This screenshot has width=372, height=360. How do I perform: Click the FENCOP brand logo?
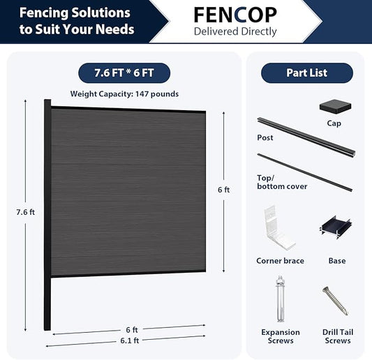coord(235,15)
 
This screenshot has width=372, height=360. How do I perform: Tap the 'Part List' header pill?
coord(307,73)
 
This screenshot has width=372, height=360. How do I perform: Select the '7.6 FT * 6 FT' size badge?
coord(124,73)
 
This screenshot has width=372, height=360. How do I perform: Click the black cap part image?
coord(335,107)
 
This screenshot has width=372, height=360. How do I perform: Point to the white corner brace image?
coord(278,229)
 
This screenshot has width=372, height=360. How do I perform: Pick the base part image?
coord(335,227)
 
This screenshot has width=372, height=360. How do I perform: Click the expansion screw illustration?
coord(280,299)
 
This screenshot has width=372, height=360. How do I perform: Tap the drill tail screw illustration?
coord(335,301)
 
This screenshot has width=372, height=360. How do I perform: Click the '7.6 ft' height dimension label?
coord(26,212)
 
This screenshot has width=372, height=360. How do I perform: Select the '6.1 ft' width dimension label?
coord(130,340)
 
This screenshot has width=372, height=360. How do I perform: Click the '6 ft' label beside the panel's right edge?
coord(224,190)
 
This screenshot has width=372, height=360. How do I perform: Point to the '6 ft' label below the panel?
coord(132,329)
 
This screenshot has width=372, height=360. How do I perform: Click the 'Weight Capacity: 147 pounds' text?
coord(124,94)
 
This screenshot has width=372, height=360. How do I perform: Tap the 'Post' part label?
coord(265,137)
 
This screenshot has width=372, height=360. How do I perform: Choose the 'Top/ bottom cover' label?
coord(282,182)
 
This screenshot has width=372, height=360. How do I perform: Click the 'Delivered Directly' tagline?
coord(235,31)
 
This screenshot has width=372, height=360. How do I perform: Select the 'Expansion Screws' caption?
coord(281,336)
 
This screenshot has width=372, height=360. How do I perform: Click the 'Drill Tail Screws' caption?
coord(338,336)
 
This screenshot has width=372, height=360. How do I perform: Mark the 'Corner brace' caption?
coord(280,261)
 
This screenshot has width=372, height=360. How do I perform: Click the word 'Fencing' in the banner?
coord(44,13)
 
